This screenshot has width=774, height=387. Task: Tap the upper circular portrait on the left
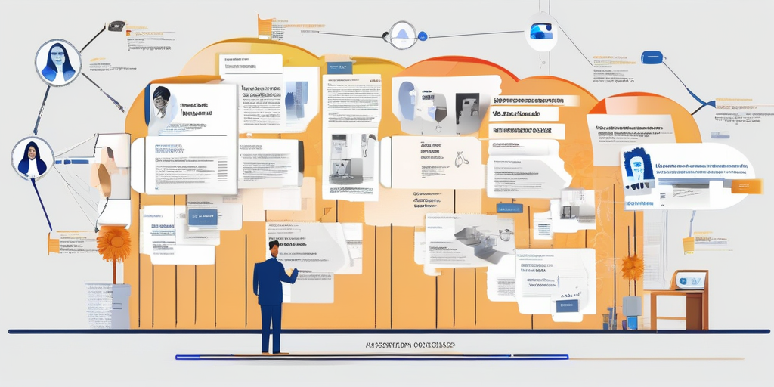point(58,62)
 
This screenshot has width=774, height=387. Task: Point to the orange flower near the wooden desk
point(632,266)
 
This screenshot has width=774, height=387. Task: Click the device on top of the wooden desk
point(690,280)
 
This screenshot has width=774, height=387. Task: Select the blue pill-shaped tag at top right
point(652,57)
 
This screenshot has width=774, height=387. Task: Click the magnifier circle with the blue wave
point(402,34)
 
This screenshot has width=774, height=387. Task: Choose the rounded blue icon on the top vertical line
point(541,31)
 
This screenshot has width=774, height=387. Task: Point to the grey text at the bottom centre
point(410,345)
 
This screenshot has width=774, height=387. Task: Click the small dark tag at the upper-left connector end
point(116,26)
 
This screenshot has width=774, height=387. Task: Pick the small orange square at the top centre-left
point(265,26)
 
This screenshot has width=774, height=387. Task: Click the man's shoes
point(274,351)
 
